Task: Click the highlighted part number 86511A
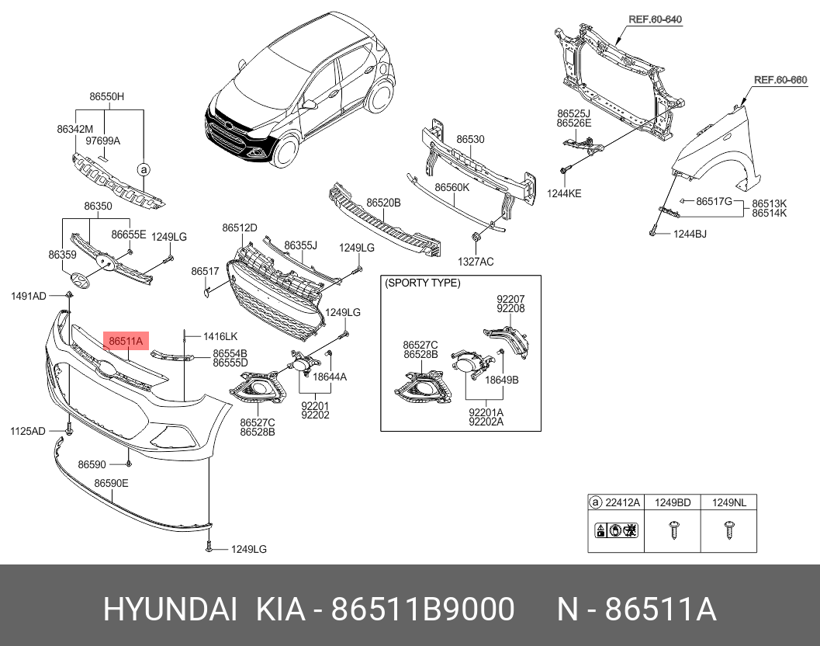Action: coord(126,342)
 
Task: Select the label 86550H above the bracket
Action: coord(107,96)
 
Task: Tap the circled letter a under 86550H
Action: coord(144,169)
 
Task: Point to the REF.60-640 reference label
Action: coord(655,19)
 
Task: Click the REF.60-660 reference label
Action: coord(780,80)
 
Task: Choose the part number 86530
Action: coord(470,139)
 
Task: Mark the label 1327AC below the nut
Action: coord(476,262)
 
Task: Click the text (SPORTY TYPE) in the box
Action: coord(423,283)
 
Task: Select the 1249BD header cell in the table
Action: coord(673,502)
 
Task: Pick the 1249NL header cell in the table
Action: coord(729,502)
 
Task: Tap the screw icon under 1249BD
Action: coord(673,530)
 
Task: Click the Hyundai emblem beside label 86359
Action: coord(80,281)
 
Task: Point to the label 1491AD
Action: coord(28,297)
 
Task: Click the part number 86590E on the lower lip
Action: coord(111,483)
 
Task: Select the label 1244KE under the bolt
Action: coord(564,193)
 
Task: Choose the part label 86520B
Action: coord(383,203)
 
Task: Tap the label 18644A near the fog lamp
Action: coord(330,377)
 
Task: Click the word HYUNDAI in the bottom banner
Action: coord(170,610)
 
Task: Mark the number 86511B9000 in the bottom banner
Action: coord(423,610)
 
